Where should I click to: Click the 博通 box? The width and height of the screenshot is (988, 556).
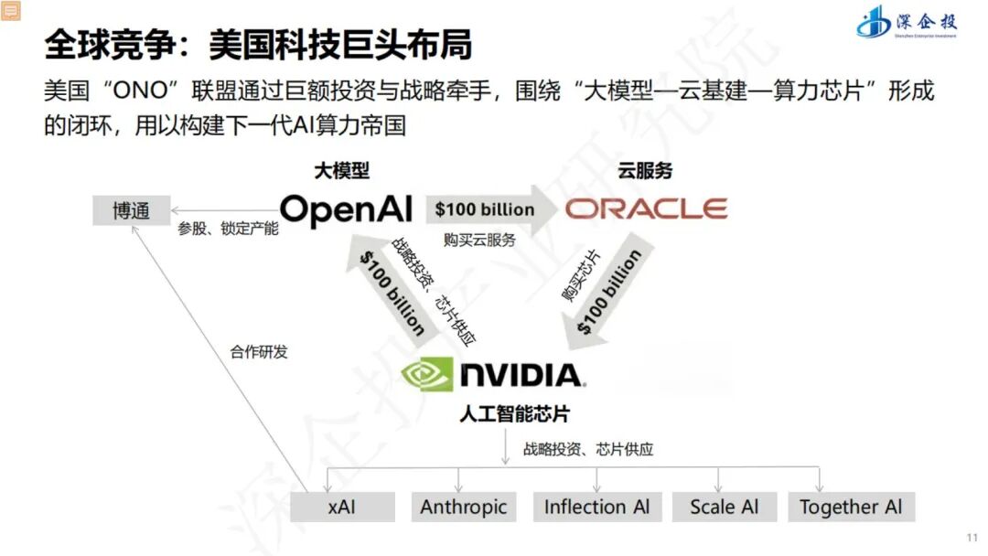click(131, 210)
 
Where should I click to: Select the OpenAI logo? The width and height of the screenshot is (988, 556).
click(346, 210)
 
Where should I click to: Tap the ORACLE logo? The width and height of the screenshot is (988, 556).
click(646, 209)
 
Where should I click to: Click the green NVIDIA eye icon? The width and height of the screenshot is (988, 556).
click(427, 374)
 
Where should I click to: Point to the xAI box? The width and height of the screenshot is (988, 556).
click(342, 507)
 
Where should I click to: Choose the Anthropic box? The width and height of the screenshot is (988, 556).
click(463, 507)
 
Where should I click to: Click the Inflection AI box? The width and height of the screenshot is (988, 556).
click(596, 507)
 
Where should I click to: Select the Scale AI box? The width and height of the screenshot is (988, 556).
click(724, 507)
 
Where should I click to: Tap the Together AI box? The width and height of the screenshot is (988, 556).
click(851, 507)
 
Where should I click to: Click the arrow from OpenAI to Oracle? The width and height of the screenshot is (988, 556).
click(491, 209)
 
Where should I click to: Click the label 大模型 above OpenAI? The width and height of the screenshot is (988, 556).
click(341, 170)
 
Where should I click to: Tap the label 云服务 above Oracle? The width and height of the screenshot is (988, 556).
click(645, 170)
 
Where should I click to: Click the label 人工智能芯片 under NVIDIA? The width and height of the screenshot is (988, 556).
click(514, 413)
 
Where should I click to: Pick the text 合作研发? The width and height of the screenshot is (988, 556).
click(258, 352)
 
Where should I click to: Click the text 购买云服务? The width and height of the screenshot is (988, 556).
click(479, 240)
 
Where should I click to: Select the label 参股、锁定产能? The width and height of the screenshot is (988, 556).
click(228, 229)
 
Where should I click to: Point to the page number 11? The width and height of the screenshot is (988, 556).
click(972, 537)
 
